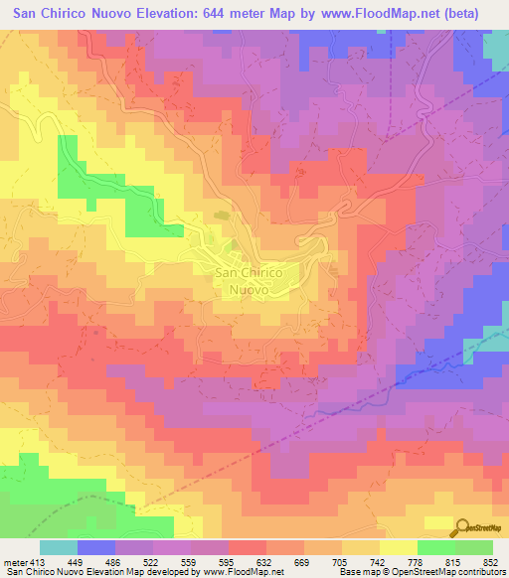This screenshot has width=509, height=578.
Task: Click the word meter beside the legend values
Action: pyautogui.click(x=13, y=560)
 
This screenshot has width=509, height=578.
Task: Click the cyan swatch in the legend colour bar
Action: pyautogui.click(x=58, y=547)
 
